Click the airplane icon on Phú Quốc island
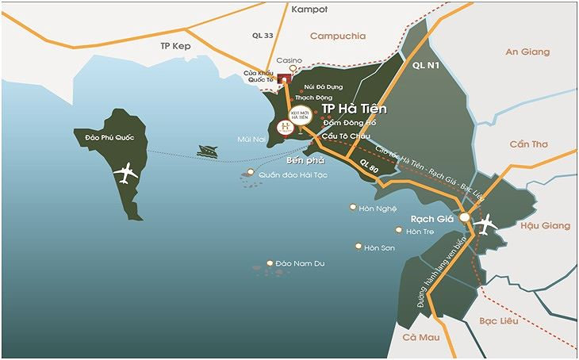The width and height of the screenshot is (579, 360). pyautogui.click(x=125, y=173)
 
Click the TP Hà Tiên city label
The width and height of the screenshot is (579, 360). pyautogui.click(x=354, y=109)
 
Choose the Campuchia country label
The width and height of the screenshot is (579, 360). pyautogui.click(x=337, y=36)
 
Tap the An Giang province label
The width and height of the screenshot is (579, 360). pyautogui.click(x=527, y=52)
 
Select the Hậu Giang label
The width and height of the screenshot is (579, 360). pyautogui.click(x=544, y=226)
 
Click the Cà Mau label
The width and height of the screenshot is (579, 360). pyautogui.click(x=420, y=338)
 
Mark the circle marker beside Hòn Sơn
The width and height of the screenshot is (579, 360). pyautogui.click(x=359, y=247)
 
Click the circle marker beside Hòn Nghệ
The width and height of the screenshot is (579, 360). pyautogui.click(x=353, y=208)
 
